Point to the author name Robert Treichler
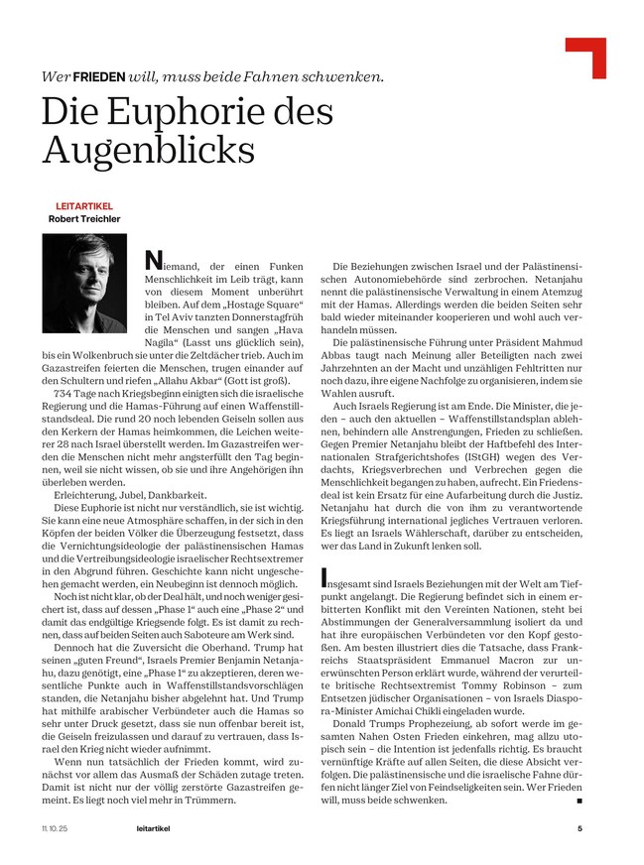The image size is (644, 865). pyautogui.click(x=88, y=219)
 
